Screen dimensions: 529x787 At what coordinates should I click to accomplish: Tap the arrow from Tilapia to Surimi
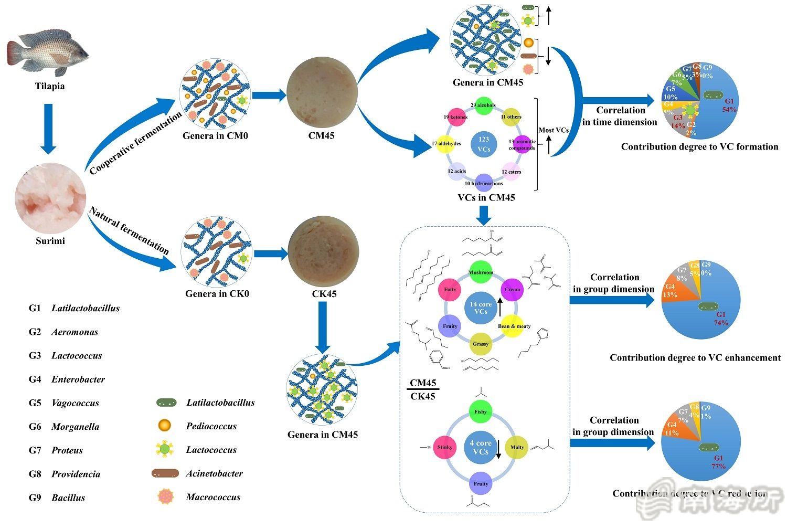(48, 129)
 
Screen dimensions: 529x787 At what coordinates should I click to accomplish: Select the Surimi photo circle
(50, 198)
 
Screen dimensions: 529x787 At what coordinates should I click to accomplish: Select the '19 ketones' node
(455, 117)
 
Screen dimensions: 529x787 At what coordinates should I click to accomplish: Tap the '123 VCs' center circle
(484, 144)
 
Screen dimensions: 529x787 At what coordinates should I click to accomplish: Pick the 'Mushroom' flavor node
(481, 272)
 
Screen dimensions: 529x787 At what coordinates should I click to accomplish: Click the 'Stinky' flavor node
(445, 448)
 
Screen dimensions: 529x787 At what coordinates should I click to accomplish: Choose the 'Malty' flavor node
(517, 448)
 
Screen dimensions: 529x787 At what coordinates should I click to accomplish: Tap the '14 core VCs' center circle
(481, 308)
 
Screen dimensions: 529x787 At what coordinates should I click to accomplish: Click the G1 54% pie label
(729, 105)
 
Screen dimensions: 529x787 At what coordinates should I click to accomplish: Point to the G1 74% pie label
(721, 319)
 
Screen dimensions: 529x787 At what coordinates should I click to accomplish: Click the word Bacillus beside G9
(68, 498)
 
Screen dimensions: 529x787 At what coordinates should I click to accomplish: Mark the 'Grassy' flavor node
(481, 344)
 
